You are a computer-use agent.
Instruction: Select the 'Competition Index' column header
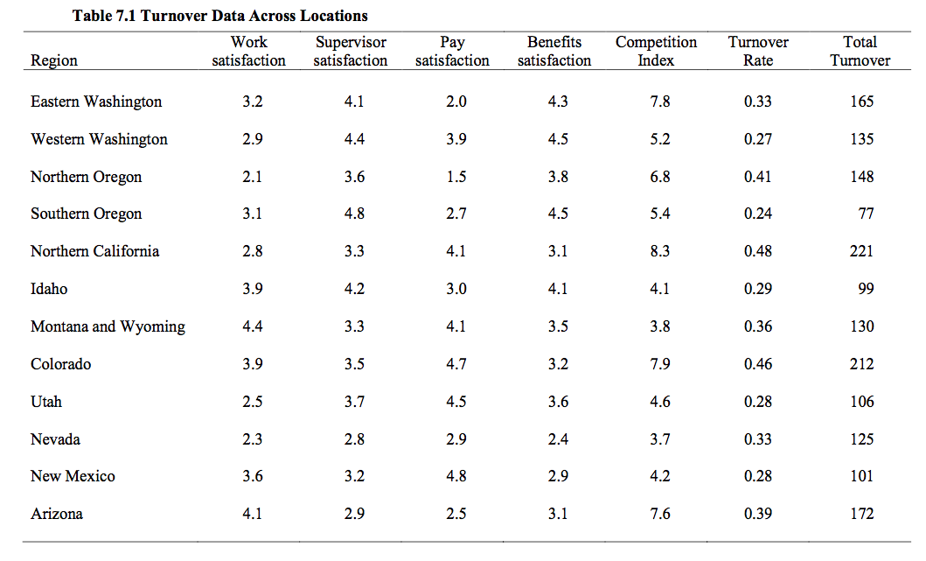point(656,51)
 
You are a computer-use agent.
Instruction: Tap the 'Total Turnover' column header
point(860,51)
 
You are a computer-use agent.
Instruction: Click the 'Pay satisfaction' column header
point(452,51)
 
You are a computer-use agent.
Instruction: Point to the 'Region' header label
point(54,60)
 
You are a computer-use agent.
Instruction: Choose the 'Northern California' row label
point(94,251)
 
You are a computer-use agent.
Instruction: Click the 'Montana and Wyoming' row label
point(108,326)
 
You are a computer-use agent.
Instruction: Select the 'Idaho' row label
point(49,289)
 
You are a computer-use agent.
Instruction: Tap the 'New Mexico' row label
point(73,476)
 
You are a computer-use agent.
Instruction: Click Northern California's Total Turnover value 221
point(861,251)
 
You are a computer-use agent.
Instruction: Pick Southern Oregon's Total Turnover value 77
point(866,214)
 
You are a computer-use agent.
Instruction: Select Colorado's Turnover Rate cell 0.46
point(758,364)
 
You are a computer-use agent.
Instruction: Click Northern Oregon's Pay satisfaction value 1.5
point(456,177)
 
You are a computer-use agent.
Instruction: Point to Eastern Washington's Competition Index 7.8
point(660,102)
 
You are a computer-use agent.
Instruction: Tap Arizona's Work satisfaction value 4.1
point(252,514)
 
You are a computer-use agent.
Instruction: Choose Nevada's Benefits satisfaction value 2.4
point(558,439)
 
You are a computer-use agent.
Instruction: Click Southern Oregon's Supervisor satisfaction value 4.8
point(354,214)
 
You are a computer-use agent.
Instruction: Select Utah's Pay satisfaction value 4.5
point(456,402)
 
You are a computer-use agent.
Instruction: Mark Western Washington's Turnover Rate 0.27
point(758,139)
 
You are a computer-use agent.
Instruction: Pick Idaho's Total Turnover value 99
point(866,289)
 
